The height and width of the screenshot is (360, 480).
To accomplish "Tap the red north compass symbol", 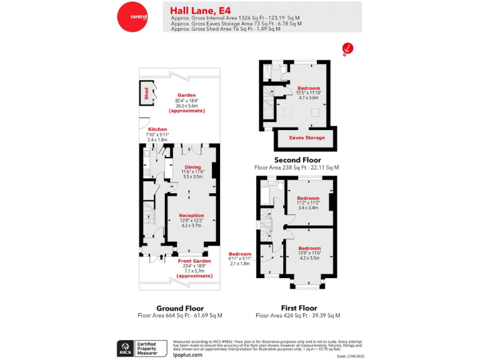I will tap(347, 48).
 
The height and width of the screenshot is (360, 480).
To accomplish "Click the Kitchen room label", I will tap(157, 129).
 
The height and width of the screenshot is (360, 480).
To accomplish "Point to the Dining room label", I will tap(192, 166).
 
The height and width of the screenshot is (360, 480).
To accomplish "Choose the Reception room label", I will tap(191, 215).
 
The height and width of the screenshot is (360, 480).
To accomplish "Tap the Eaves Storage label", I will tap(306, 137).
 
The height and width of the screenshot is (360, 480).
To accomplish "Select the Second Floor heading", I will tap(297, 160).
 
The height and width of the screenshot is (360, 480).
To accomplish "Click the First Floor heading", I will tap(299, 308).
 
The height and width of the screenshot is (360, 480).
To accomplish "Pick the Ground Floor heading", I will tap(179, 308).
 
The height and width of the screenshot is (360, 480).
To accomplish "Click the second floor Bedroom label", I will tap(308, 88).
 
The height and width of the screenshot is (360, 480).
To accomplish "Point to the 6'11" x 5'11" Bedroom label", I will tap(239, 254).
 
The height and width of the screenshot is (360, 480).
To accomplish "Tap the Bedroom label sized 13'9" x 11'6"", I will tap(309, 248).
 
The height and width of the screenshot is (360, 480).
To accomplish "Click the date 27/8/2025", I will tap(349, 356).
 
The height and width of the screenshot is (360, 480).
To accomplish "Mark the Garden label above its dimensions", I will tap(187, 95).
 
